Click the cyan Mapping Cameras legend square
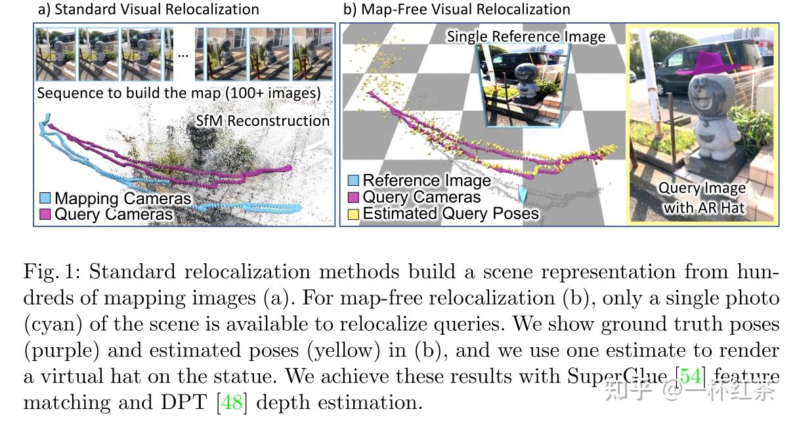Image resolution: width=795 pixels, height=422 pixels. (x=45, y=198)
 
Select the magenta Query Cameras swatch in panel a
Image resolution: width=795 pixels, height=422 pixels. (x=45, y=214)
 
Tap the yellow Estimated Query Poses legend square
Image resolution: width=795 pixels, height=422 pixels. (x=353, y=213)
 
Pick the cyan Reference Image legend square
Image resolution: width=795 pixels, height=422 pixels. (x=353, y=180)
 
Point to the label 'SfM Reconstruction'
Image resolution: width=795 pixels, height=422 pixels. (x=263, y=121)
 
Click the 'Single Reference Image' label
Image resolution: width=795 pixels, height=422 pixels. (x=526, y=37)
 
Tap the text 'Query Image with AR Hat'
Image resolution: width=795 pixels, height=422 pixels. (x=702, y=198)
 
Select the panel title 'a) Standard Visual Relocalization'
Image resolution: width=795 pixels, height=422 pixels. (x=148, y=9)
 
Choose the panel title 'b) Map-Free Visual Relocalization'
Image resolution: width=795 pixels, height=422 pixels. (x=456, y=9)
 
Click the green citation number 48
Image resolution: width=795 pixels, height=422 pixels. (x=232, y=402)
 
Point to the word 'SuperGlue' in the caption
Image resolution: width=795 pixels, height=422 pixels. (x=618, y=377)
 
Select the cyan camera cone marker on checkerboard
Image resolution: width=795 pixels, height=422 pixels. (x=523, y=194)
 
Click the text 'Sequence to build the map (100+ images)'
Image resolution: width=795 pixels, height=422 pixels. (x=179, y=93)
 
